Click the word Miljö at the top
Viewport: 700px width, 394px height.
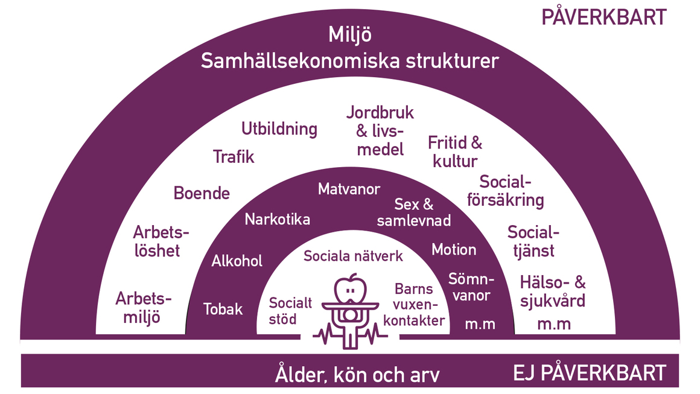click(x=350, y=35)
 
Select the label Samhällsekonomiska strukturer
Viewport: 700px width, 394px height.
click(x=349, y=61)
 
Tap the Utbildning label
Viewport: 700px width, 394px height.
click(x=279, y=129)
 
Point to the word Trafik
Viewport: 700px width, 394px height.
click(x=234, y=157)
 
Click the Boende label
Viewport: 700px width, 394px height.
click(x=202, y=193)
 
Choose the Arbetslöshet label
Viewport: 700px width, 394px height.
click(x=161, y=241)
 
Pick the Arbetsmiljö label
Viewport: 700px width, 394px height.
click(x=143, y=308)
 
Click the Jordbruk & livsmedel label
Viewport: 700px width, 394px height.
click(x=380, y=131)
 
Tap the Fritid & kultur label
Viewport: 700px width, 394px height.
click(x=455, y=151)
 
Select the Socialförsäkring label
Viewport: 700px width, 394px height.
click(x=505, y=191)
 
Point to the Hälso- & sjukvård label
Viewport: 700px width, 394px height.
click(x=553, y=292)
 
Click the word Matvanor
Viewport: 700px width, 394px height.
click(x=349, y=189)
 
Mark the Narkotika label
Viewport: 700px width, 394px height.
click(x=277, y=220)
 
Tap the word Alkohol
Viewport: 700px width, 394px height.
click(x=237, y=261)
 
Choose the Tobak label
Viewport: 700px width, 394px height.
click(x=223, y=309)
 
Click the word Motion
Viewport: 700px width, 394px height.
click(x=454, y=249)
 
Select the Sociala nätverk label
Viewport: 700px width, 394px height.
click(x=353, y=256)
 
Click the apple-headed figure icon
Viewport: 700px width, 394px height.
click(x=350, y=311)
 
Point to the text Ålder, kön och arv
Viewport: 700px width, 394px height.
click(x=357, y=374)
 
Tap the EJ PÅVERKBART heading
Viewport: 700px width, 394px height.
click(x=590, y=373)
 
